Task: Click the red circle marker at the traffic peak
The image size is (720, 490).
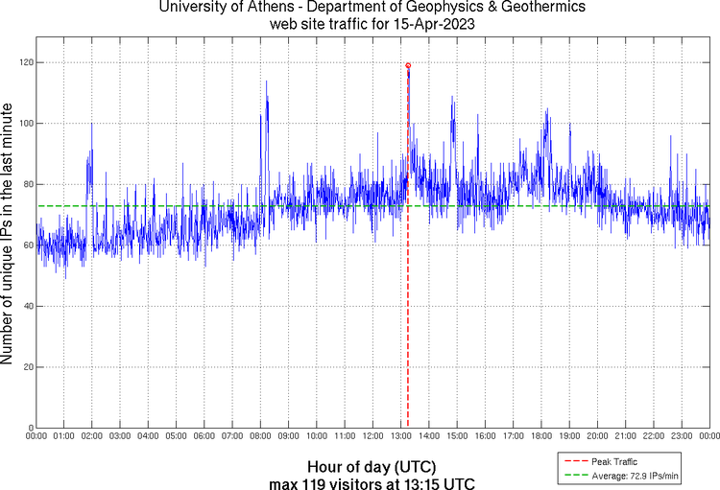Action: (408, 65)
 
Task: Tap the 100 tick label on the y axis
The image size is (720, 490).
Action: (22, 123)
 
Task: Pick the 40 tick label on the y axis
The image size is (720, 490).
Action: (25, 306)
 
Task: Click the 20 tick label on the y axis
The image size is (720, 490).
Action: (25, 367)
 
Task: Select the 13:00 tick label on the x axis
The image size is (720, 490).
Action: (401, 436)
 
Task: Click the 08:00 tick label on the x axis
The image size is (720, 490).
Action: (260, 436)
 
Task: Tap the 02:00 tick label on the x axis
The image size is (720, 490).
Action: (92, 436)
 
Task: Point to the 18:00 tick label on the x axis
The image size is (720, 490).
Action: (541, 436)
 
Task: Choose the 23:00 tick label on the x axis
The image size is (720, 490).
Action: (682, 436)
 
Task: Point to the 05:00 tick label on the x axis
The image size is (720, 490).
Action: (176, 436)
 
